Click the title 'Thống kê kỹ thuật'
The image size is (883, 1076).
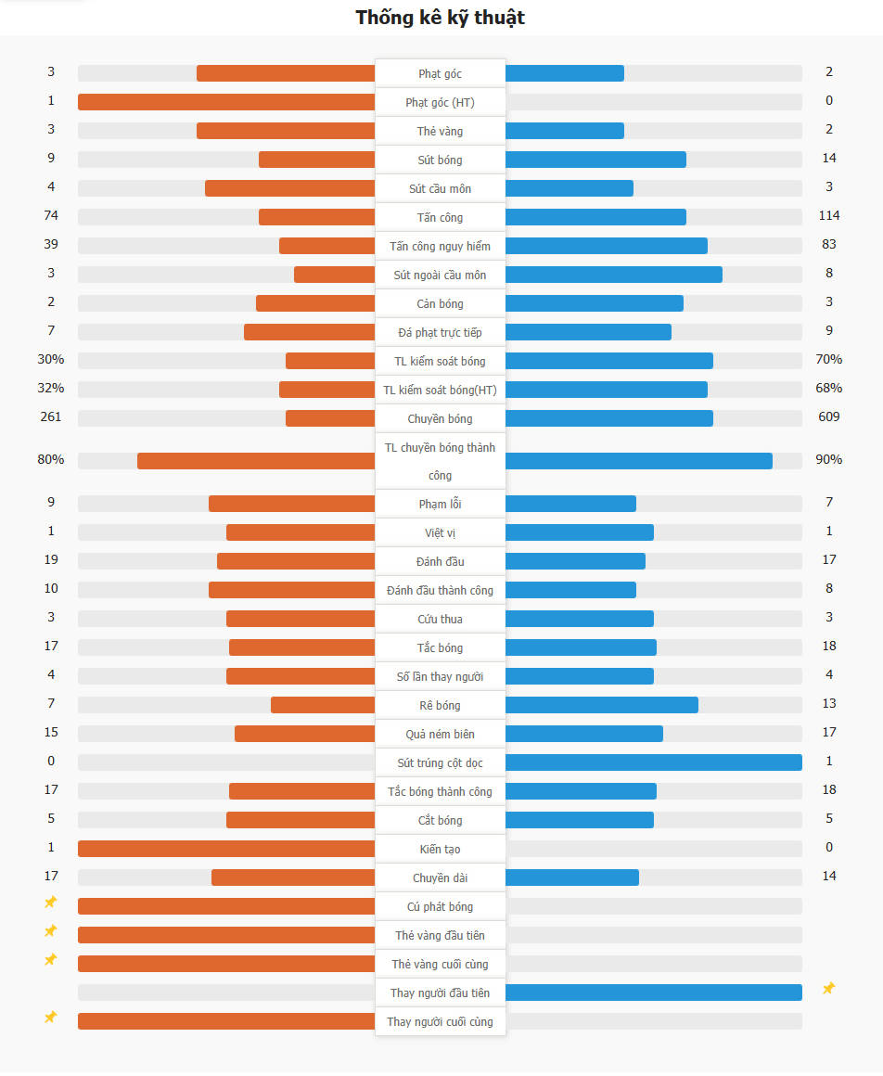(441, 18)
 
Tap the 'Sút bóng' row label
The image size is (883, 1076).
(440, 160)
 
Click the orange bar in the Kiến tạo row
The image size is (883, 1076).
(226, 849)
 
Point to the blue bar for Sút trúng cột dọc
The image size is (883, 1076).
(654, 762)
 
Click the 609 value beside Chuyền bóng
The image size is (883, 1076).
(828, 416)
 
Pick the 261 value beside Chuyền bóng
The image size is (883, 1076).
(51, 416)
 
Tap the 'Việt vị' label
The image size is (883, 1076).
(440, 532)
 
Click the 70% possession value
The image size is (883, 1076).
(828, 359)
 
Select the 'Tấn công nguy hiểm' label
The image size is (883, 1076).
(440, 246)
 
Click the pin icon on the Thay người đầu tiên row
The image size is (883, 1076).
(828, 989)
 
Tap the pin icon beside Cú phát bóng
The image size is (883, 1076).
(51, 903)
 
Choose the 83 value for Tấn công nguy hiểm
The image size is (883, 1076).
(828, 244)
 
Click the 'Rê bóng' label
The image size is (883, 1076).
(440, 705)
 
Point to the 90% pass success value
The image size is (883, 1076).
(828, 459)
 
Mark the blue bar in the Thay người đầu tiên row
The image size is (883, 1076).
(654, 993)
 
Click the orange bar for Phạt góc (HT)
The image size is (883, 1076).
(226, 102)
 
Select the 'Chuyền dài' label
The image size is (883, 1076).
(440, 877)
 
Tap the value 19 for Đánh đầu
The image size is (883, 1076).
(51, 559)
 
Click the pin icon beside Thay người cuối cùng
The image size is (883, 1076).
(51, 1018)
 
